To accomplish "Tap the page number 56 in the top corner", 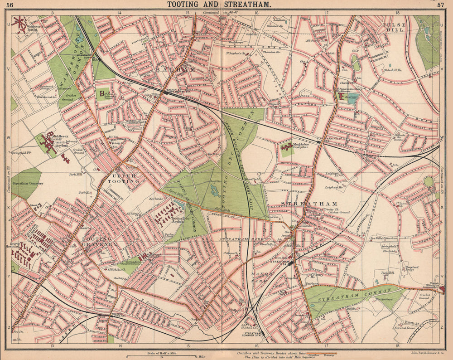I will (10, 5).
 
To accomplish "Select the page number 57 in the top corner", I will (441, 5).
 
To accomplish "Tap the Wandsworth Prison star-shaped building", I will (19, 24).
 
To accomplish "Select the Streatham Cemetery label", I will (28, 184).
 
